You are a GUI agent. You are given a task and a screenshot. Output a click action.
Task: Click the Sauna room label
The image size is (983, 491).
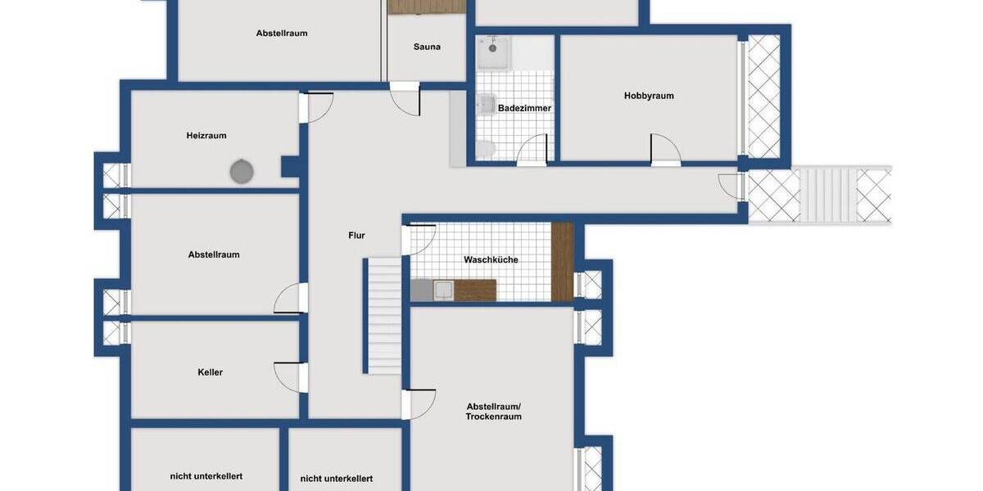427,47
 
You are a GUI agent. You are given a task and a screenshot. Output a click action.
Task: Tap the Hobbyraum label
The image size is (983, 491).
649,96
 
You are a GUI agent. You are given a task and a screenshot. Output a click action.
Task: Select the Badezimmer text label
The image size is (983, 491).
524,108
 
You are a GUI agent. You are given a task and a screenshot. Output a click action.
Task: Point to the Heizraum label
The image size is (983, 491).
206,136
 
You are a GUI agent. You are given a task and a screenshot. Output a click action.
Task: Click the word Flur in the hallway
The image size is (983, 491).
356,236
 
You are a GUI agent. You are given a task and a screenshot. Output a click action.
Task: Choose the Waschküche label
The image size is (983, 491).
491,260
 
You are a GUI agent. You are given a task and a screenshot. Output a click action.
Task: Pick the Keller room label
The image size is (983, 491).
211,372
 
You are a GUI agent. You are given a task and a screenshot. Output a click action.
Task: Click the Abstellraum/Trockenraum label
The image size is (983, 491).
494,412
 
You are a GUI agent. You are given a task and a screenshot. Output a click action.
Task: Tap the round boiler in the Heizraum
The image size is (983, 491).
241,172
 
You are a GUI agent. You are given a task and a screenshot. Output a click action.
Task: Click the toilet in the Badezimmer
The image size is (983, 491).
485,148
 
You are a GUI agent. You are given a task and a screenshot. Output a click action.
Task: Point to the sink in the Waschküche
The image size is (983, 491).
442,290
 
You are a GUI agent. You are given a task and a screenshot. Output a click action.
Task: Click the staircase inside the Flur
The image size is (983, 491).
383,315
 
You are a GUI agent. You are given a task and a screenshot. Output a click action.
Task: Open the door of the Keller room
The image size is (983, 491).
290,376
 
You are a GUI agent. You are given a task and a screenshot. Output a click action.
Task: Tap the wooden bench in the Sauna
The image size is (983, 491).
426,7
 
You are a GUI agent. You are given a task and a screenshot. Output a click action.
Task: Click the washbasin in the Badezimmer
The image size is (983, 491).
486,103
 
